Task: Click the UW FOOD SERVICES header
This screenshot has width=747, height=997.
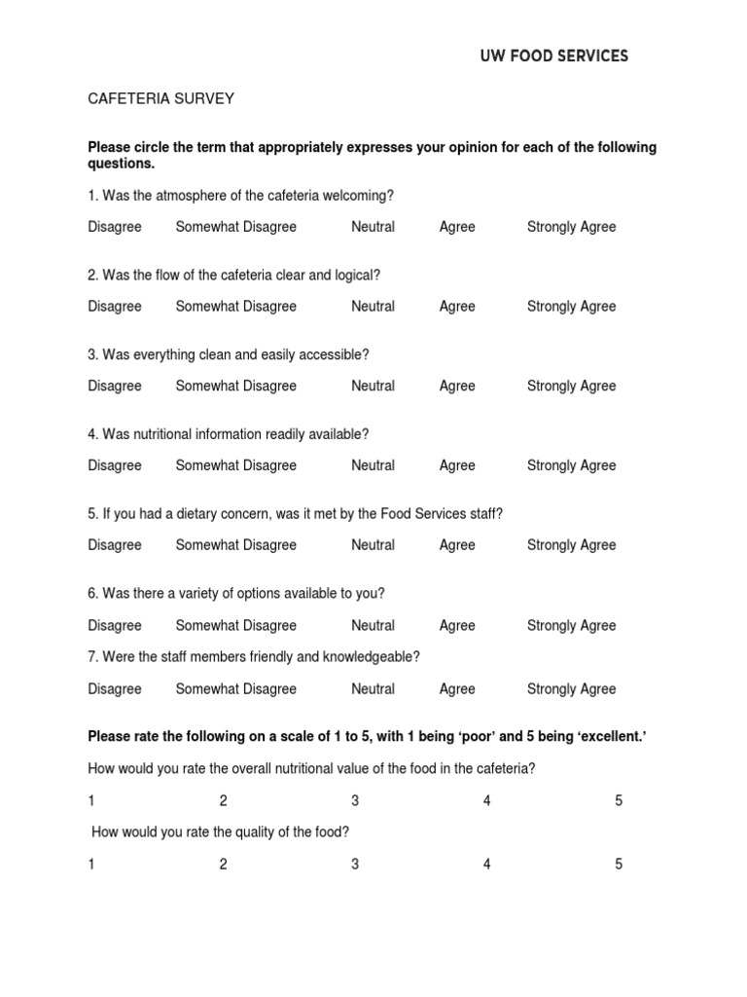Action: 554,56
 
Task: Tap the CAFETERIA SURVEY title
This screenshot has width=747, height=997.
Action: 160,98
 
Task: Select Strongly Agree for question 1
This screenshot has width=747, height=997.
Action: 571,227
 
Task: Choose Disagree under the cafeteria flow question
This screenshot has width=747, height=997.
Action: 115,307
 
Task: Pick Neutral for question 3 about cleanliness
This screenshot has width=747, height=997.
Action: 373,387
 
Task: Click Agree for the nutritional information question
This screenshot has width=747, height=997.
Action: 457,466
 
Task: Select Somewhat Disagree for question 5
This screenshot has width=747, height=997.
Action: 235,545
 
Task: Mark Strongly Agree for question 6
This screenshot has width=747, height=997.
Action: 571,625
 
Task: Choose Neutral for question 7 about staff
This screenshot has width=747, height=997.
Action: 373,689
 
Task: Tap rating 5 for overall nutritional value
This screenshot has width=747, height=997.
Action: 619,801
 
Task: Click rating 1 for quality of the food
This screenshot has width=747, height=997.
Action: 91,865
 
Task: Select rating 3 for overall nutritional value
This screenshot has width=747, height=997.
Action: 355,801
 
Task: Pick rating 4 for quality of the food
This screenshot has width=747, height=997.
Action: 487,865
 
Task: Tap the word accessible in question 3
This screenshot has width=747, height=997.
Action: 337,354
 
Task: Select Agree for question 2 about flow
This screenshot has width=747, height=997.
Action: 457,307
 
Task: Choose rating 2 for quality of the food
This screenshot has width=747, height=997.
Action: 223,865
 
